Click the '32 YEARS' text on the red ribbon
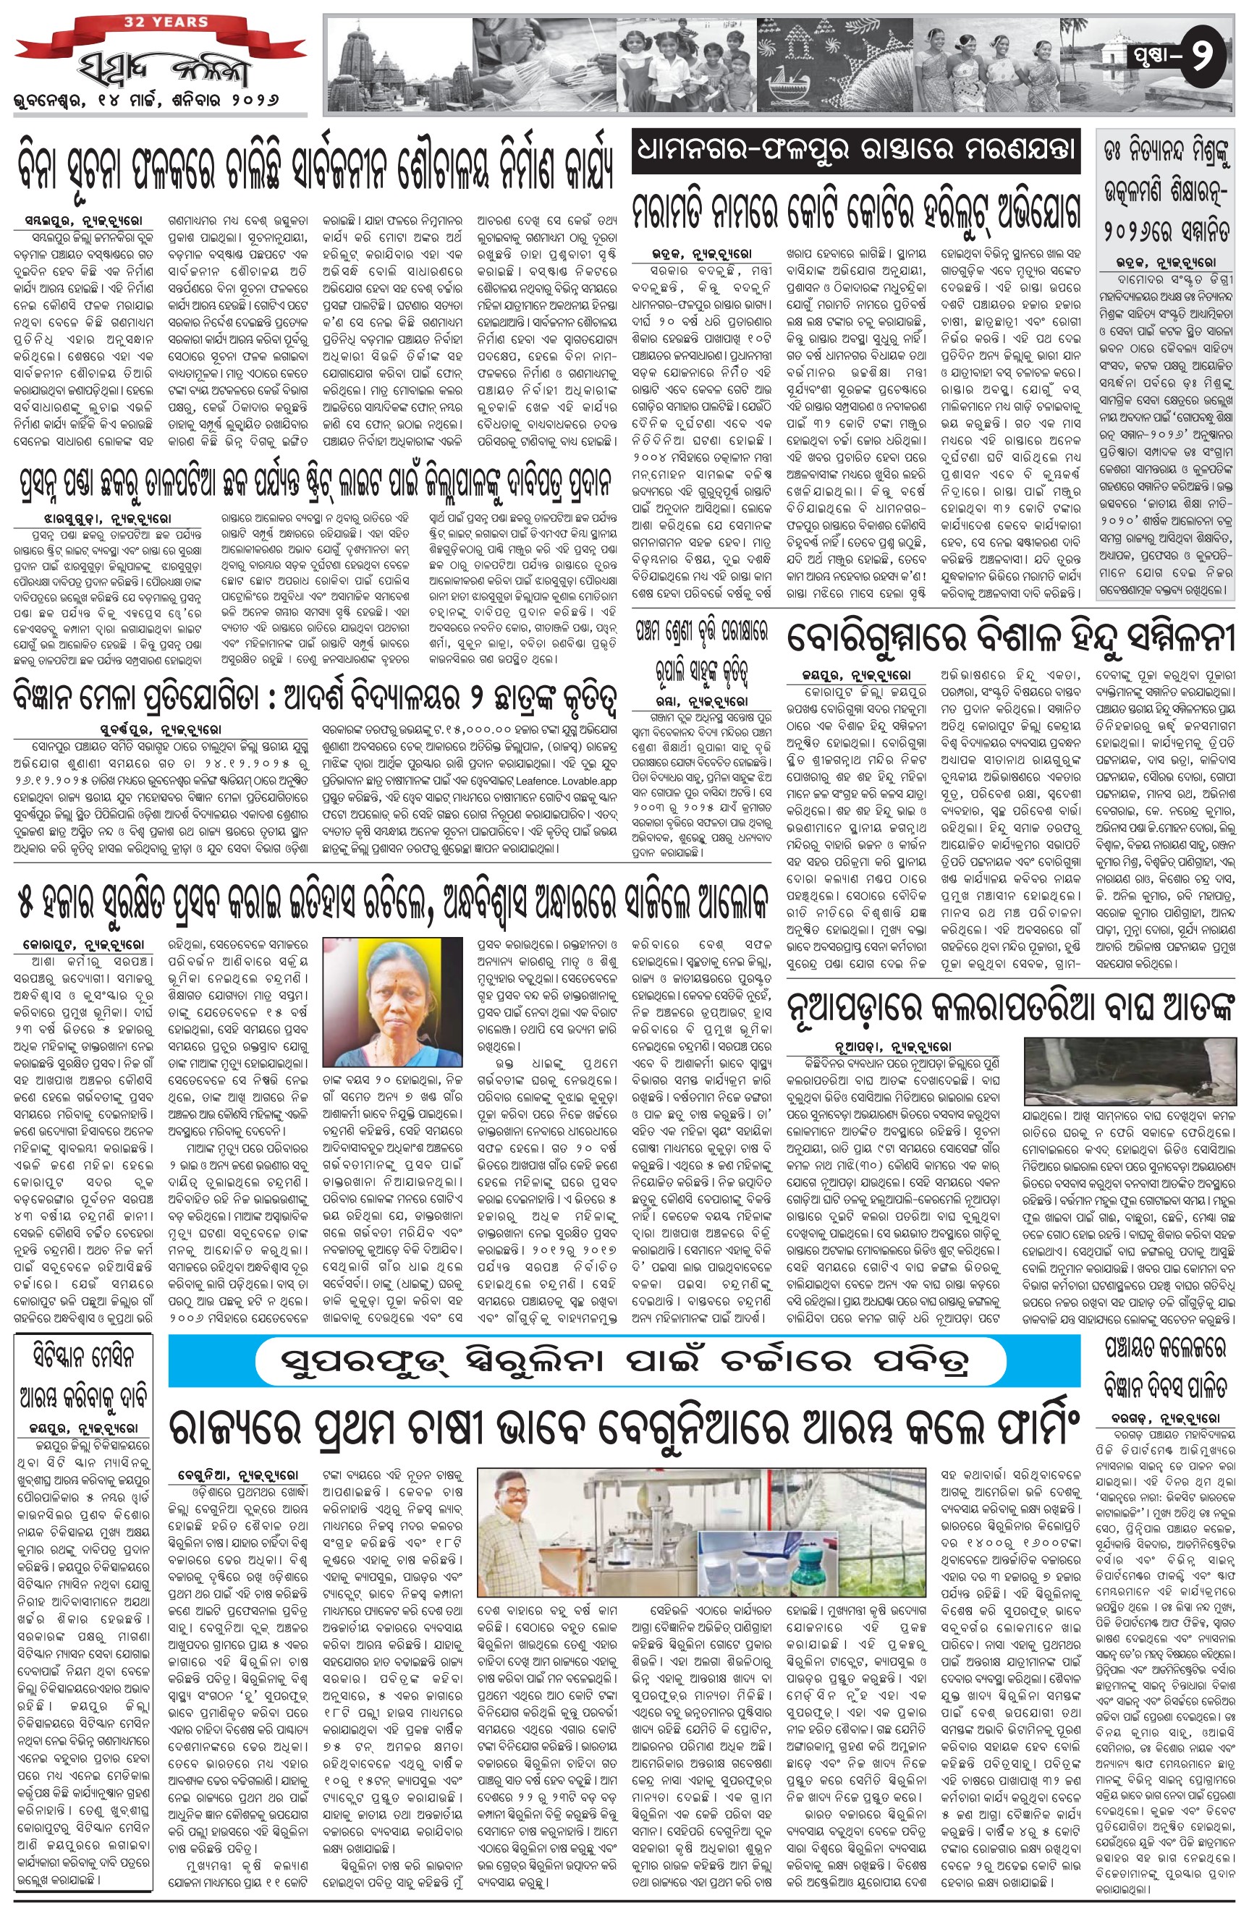click(166, 21)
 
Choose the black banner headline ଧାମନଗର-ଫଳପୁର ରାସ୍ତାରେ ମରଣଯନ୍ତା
click(855, 150)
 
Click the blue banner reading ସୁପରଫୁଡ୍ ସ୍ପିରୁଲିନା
click(624, 1360)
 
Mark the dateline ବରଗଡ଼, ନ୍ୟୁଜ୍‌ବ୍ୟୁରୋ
click(1161, 1439)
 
